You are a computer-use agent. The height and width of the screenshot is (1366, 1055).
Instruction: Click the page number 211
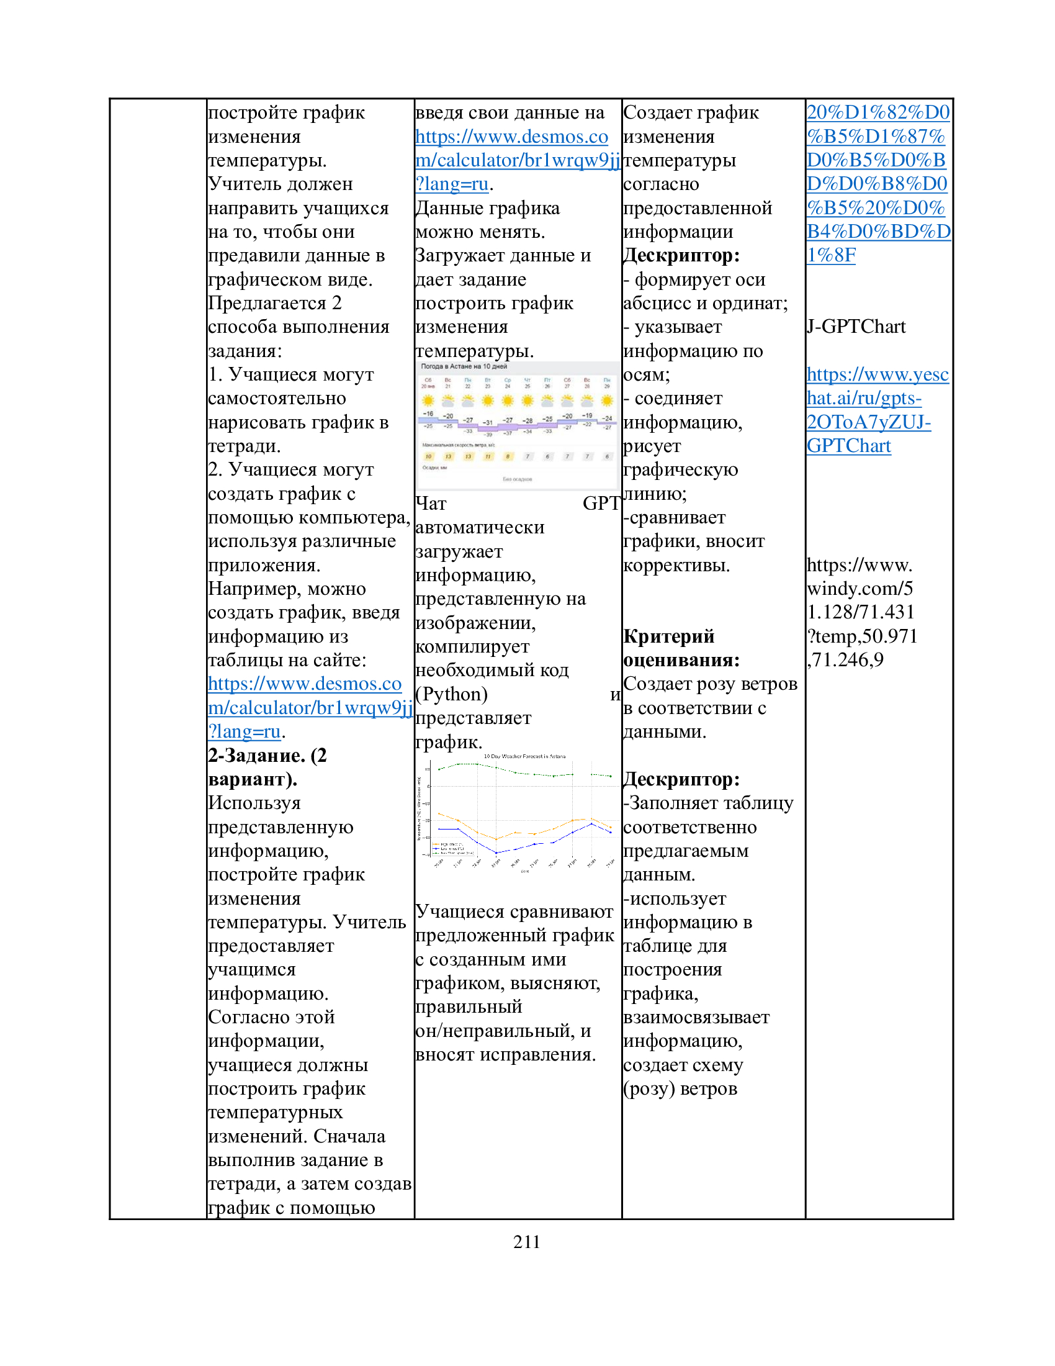coord(526,1242)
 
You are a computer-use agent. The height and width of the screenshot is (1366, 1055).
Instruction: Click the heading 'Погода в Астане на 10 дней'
coord(464,366)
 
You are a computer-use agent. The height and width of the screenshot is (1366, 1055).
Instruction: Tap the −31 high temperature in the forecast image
coord(488,423)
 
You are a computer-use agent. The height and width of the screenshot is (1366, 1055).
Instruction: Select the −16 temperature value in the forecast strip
coord(428,414)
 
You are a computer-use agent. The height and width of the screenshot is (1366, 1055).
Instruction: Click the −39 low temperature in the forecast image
coord(488,435)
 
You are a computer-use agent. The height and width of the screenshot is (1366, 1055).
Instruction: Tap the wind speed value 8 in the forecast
coord(508,456)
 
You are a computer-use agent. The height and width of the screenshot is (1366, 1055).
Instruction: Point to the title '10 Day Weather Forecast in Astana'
coord(524,756)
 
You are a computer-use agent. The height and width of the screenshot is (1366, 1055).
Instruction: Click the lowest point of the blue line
coord(496,853)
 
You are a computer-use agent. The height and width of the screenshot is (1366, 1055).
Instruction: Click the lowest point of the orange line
coord(496,839)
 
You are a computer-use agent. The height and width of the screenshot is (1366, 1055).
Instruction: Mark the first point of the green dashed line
coord(439,769)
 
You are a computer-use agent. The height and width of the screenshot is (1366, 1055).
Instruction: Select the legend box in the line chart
coord(452,849)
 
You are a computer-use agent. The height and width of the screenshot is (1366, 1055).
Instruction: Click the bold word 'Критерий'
coord(669,636)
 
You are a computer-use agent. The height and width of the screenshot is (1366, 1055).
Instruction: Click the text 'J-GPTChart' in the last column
coord(856,327)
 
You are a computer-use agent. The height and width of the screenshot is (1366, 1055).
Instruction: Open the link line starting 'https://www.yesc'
coord(878,374)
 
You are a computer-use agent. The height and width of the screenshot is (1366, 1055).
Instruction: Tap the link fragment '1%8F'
coord(831,255)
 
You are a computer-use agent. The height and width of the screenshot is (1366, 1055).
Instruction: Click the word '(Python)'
coord(451,694)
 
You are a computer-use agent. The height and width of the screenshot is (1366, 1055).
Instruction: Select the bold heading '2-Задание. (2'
coord(267,756)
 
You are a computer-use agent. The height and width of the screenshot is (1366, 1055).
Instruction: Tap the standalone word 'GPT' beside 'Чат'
coord(601,504)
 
